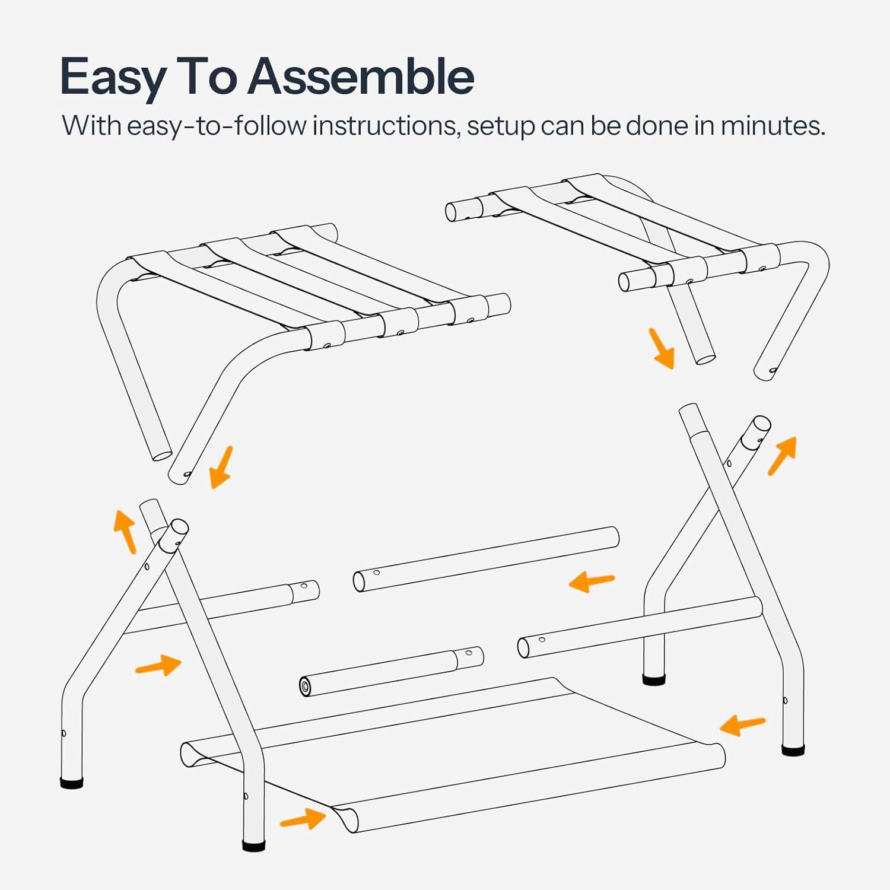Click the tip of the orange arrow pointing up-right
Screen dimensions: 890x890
point(795,438)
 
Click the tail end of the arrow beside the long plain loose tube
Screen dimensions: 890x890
point(615,577)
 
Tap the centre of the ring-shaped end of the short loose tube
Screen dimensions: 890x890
point(306,687)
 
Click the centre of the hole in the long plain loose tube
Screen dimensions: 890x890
point(376,573)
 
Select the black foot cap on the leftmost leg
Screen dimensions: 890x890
point(72,783)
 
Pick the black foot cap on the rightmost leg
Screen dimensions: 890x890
point(793,750)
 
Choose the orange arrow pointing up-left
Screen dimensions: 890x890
point(125,531)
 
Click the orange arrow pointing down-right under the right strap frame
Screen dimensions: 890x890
point(661,348)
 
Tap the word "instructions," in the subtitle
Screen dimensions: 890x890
point(386,126)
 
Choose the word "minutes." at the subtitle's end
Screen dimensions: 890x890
point(773,126)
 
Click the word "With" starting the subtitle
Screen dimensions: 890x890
point(91,126)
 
